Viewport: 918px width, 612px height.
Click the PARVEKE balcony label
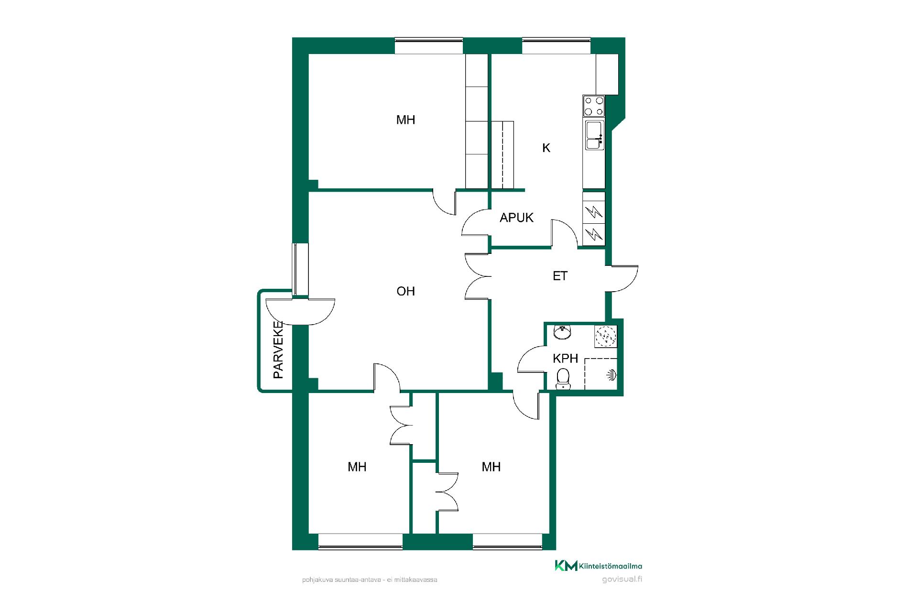click(x=278, y=350)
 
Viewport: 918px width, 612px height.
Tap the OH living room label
click(x=406, y=291)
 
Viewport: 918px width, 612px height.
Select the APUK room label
click(x=516, y=218)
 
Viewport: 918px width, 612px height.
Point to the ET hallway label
click(x=560, y=276)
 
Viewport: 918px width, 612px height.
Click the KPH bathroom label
click(x=566, y=359)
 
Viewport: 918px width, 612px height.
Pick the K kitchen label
click(x=546, y=148)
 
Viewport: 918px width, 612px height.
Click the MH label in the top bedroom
click(x=406, y=120)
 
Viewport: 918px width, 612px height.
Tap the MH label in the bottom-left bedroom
click(x=357, y=467)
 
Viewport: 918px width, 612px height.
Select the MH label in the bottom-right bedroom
click(x=491, y=467)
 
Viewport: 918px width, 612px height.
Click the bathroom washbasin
click(x=562, y=333)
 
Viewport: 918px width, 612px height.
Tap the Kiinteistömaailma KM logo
click(x=598, y=566)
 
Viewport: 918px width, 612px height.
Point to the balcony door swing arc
click(x=300, y=313)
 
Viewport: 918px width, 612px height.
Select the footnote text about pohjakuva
click(x=370, y=580)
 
